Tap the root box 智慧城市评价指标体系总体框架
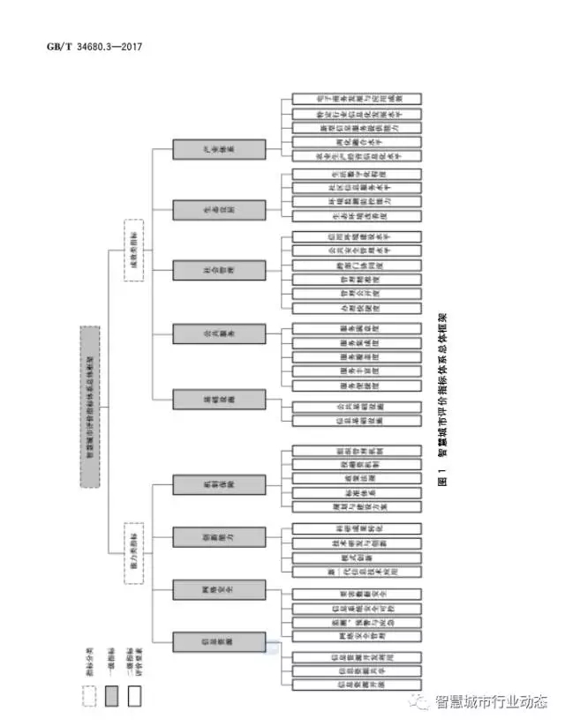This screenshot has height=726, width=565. [x=90, y=407]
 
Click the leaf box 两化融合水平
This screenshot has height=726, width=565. [x=356, y=141]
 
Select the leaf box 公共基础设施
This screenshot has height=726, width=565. [x=356, y=408]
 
